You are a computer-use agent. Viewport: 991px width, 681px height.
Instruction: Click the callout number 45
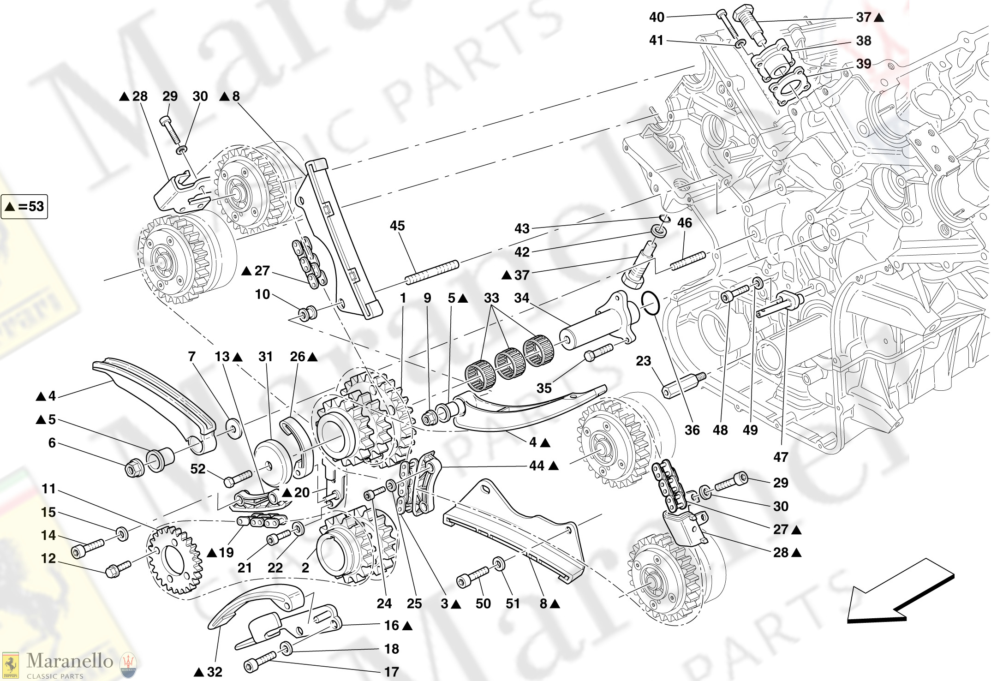397,226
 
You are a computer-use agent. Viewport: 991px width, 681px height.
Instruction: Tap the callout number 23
643,361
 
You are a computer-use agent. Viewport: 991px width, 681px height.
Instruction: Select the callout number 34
521,298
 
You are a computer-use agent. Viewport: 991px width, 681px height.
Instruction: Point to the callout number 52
197,469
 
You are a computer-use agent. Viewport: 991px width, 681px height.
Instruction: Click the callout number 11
48,489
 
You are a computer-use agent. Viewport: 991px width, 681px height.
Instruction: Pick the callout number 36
692,430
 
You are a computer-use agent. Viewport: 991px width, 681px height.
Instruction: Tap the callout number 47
780,457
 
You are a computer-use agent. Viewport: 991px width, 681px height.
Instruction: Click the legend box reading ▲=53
24,206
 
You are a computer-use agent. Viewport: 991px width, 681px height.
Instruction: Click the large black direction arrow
900,595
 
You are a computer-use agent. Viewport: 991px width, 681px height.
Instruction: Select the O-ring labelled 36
650,303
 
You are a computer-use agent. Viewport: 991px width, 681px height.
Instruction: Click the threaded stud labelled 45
432,272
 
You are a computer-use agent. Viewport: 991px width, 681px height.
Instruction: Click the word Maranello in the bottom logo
70,661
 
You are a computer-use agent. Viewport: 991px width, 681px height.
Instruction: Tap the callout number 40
657,17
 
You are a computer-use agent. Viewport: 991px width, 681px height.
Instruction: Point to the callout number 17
391,672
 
